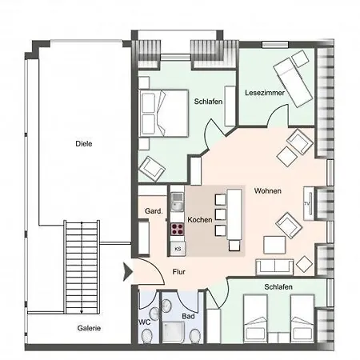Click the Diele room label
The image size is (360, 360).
83,144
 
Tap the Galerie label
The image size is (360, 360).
89,328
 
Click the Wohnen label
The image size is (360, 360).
266,192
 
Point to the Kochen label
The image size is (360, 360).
199,219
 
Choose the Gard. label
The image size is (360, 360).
154,211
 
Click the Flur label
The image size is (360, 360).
180,272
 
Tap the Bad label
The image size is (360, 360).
189,317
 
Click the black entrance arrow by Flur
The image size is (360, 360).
126,272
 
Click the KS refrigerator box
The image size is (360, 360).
177,249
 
